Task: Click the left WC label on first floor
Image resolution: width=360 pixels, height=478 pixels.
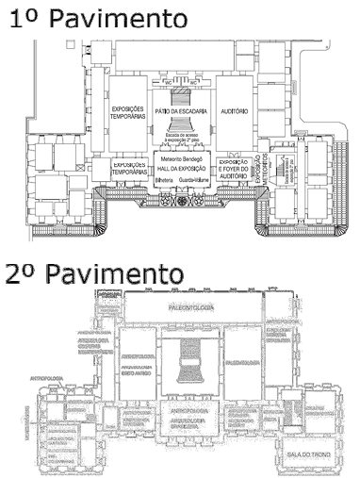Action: click(167, 85)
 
